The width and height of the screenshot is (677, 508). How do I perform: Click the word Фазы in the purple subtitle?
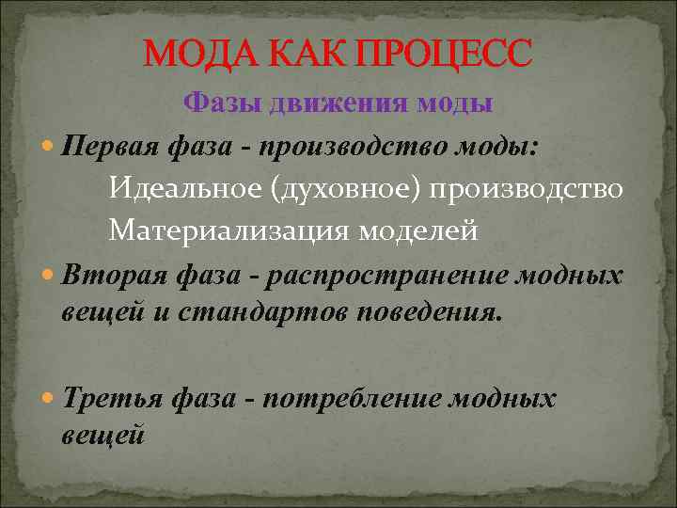[221, 103]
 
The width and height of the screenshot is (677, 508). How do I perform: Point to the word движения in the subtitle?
[326, 103]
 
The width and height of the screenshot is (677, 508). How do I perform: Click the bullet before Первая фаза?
[49, 147]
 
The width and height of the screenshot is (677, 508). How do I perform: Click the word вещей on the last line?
[102, 436]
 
